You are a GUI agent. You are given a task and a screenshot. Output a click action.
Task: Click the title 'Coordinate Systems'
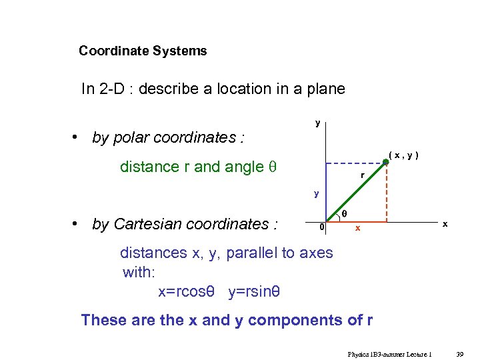pyautogui.click(x=143, y=51)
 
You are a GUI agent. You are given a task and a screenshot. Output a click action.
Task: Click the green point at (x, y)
pyautogui.click(x=386, y=162)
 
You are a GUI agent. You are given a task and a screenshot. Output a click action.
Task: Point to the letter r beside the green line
pyautogui.click(x=362, y=176)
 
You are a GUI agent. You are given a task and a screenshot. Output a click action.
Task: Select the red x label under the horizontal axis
pyautogui.click(x=357, y=229)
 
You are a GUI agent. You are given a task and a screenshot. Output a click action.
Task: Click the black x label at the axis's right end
pyautogui.click(x=445, y=225)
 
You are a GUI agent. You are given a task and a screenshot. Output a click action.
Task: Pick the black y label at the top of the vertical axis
pyautogui.click(x=317, y=123)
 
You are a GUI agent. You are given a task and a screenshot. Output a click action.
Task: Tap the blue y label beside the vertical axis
pyautogui.click(x=317, y=194)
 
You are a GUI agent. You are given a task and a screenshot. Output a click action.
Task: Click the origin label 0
pyautogui.click(x=322, y=227)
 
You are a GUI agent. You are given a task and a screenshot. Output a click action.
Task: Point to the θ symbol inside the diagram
pyautogui.click(x=344, y=213)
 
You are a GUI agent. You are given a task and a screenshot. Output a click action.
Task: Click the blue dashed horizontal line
pyautogui.click(x=355, y=163)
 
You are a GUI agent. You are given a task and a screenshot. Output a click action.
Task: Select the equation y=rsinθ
pyautogui.click(x=254, y=291)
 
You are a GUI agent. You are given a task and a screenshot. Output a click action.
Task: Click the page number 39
pyautogui.click(x=459, y=354)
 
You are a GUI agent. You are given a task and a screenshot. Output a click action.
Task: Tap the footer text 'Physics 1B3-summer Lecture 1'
pyautogui.click(x=389, y=354)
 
